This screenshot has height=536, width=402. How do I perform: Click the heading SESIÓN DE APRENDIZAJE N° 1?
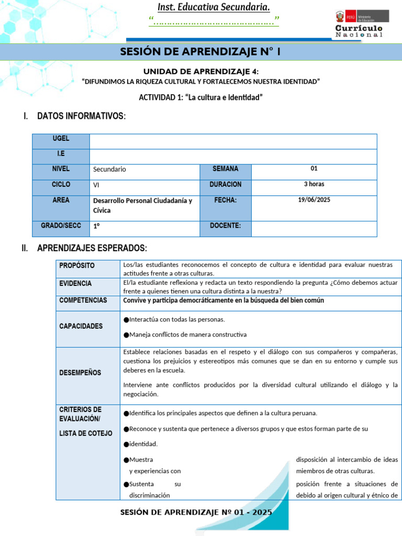pyautogui.click(x=200, y=52)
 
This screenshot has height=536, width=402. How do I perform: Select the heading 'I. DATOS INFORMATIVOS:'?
pyautogui.click(x=75, y=116)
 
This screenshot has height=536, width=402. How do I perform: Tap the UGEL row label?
pyautogui.click(x=61, y=139)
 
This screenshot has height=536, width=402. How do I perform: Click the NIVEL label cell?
pyautogui.click(x=61, y=169)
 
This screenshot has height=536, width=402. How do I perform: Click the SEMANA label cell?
pyautogui.click(x=225, y=169)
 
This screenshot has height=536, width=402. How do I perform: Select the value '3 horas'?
pyautogui.click(x=314, y=184)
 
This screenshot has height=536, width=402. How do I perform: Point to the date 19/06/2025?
pyautogui.click(x=314, y=200)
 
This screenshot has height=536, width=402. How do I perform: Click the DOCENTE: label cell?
pyautogui.click(x=225, y=226)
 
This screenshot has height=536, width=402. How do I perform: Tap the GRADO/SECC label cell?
pyautogui.click(x=61, y=226)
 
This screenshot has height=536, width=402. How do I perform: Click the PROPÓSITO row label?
pyautogui.click(x=77, y=265)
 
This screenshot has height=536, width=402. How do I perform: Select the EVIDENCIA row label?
pyautogui.click(x=75, y=283)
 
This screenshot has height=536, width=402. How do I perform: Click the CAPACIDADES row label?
pyautogui.click(x=81, y=326)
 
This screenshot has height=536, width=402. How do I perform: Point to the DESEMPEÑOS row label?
pyautogui.click(x=80, y=373)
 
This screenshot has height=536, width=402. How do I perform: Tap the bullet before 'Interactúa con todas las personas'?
pyautogui.click(x=126, y=320)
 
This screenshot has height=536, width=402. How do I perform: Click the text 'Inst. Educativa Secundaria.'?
pyautogui.click(x=214, y=7)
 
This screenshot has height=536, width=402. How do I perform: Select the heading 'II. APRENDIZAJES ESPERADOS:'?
pyautogui.click(x=84, y=248)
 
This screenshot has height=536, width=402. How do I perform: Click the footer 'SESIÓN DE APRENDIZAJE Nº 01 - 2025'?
pyautogui.click(x=196, y=513)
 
